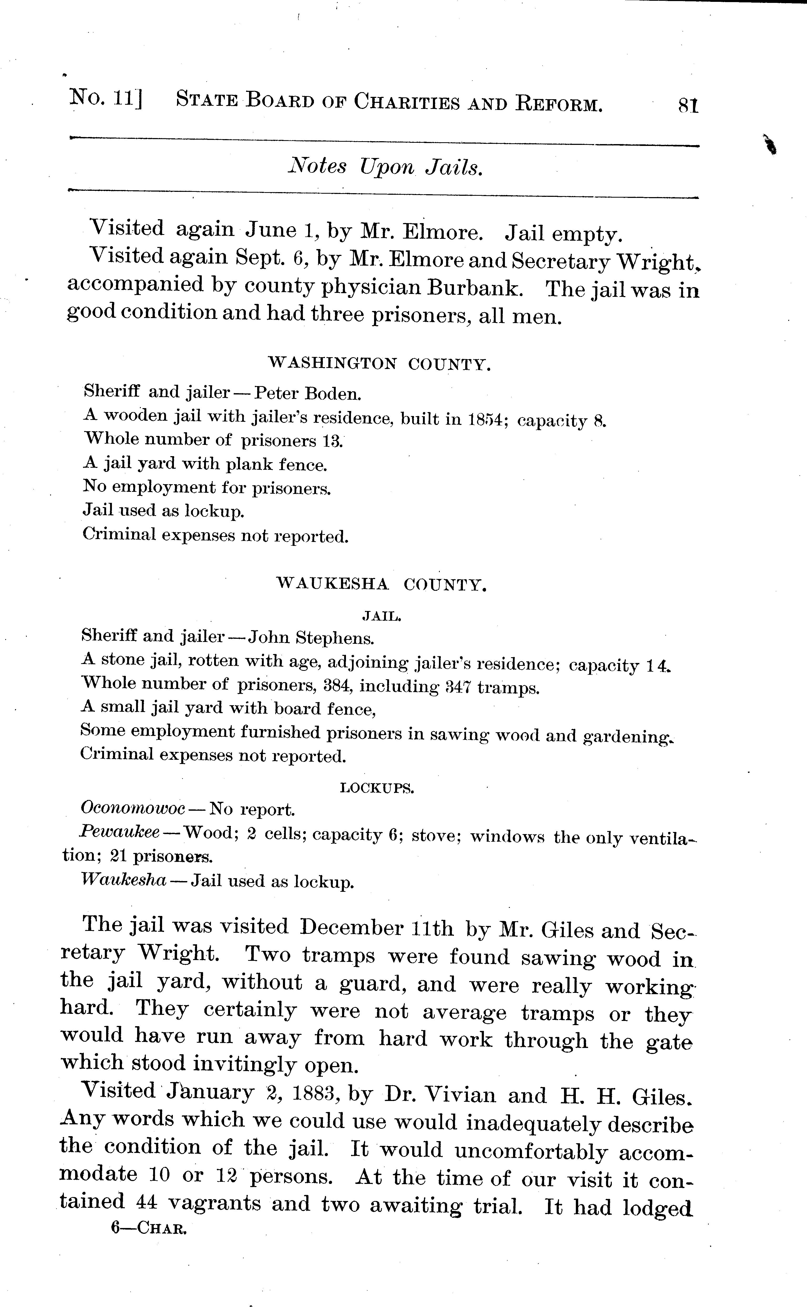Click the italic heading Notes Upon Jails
385,167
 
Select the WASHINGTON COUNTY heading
379,364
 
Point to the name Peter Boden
307,393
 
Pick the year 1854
486,419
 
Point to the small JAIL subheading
382,616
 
